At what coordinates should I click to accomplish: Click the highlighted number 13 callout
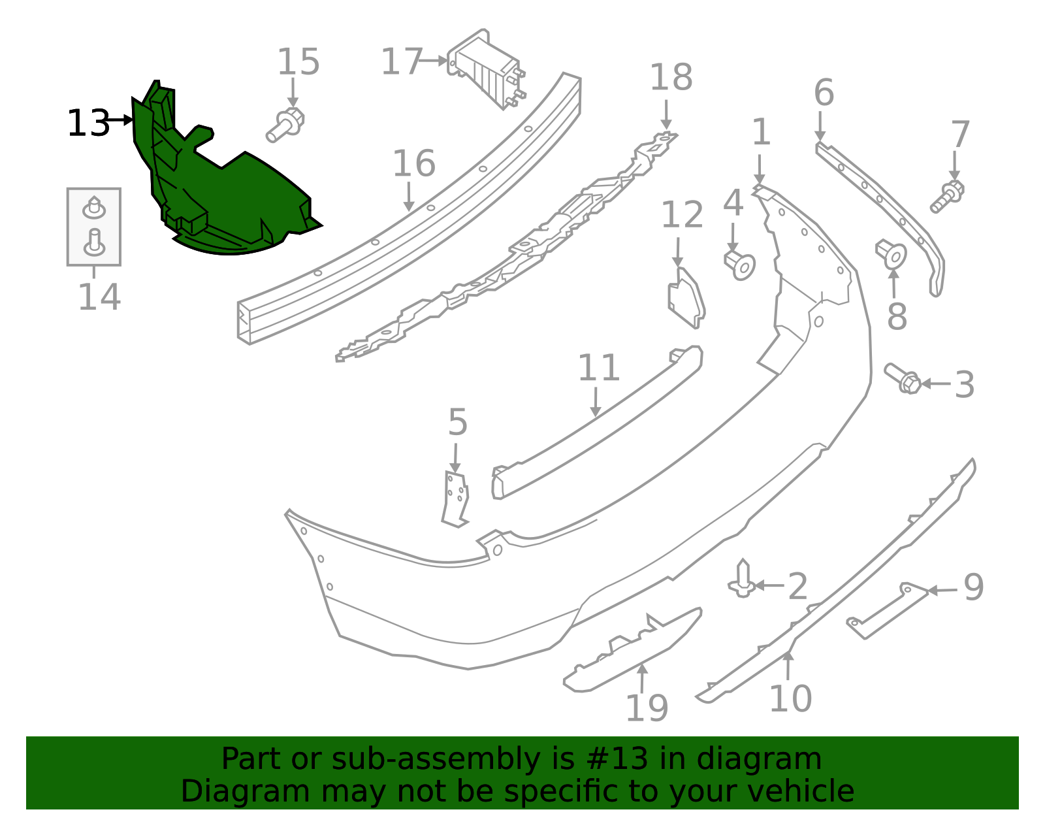click(88, 123)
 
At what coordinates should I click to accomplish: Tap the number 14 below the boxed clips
click(99, 297)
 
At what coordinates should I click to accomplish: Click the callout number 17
click(402, 62)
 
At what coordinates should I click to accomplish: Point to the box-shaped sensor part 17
click(487, 69)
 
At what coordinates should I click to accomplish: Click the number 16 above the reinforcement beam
click(413, 163)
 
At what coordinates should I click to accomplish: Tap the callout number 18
click(671, 78)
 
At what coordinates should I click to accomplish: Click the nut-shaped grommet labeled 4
click(740, 264)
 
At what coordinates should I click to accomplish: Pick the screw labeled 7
click(948, 196)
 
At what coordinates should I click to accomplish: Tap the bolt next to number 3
click(903, 378)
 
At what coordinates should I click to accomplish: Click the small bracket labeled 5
click(456, 498)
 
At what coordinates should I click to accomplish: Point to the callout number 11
click(598, 368)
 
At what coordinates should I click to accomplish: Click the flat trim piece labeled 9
click(887, 610)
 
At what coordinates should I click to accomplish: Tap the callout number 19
click(647, 708)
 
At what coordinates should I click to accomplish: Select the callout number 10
click(790, 698)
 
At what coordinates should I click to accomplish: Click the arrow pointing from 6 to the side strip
click(820, 127)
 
